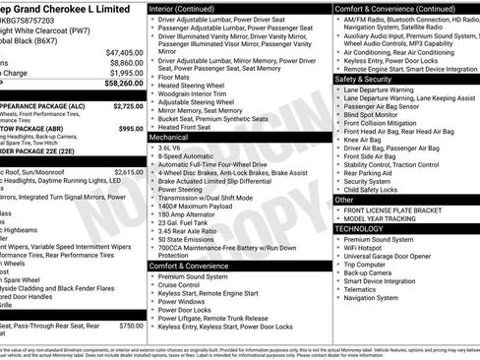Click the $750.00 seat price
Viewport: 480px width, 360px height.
131,326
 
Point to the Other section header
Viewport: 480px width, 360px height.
344,200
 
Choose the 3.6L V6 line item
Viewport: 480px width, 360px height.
177,149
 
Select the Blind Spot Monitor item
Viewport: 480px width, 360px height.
375,116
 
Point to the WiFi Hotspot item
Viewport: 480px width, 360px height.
368,250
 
